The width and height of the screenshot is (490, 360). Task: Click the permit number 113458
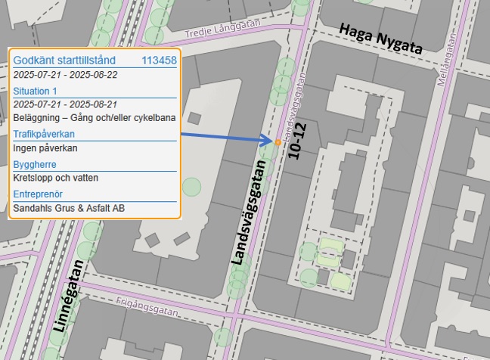(x=159, y=60)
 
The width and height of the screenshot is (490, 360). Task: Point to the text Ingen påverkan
(x=45, y=148)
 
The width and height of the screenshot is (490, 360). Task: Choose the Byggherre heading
(x=36, y=163)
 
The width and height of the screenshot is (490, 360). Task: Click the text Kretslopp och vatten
(x=56, y=178)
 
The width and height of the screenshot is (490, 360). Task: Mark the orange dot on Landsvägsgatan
(x=278, y=142)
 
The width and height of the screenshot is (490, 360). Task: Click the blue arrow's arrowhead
(x=267, y=141)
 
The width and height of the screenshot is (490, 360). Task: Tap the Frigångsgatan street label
(x=148, y=306)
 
